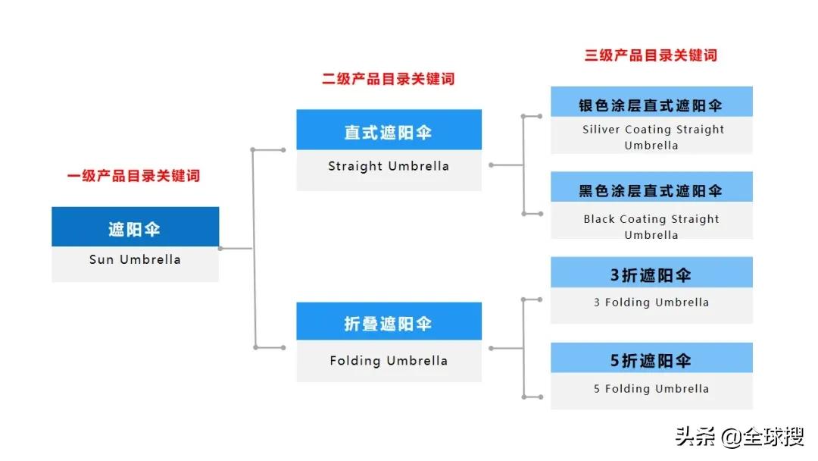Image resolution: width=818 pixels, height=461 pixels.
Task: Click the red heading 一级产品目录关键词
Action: click(x=133, y=177)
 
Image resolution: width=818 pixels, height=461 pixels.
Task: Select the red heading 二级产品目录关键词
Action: click(x=389, y=79)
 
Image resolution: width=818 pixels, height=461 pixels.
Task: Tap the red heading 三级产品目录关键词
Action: click(x=651, y=55)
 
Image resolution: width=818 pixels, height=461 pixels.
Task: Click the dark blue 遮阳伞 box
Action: click(x=135, y=227)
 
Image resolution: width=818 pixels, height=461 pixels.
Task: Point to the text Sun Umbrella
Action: click(x=135, y=259)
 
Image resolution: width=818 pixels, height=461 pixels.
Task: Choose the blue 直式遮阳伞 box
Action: click(x=389, y=131)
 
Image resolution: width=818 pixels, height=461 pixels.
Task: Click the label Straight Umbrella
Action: click(x=389, y=166)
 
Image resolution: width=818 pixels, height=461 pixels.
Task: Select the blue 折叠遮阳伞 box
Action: click(x=389, y=323)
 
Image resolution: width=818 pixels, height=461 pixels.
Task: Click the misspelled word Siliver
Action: click(x=601, y=130)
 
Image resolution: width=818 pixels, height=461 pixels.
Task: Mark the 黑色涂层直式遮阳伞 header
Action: click(x=651, y=190)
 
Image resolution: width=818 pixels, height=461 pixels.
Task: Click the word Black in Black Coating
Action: click(x=599, y=219)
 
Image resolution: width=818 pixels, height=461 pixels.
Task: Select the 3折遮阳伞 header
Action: click(x=651, y=274)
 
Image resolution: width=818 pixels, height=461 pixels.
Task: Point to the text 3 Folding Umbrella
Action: click(x=651, y=303)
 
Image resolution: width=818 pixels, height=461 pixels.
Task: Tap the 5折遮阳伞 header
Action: click(x=651, y=360)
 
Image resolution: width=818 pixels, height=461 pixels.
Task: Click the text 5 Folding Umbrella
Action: click(x=651, y=389)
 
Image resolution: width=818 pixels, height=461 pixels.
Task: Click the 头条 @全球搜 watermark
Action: click(x=739, y=437)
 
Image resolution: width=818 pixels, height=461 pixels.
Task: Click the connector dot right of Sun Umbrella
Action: click(x=220, y=248)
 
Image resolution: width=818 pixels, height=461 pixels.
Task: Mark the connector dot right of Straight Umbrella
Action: click(x=491, y=165)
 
